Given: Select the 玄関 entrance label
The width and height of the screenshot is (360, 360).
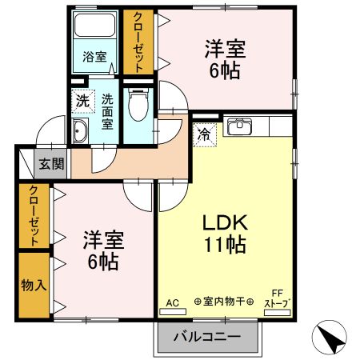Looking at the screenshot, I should click(52, 166).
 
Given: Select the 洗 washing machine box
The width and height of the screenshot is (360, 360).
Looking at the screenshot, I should click(82, 101).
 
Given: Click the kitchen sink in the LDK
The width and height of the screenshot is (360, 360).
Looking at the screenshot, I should click(239, 126).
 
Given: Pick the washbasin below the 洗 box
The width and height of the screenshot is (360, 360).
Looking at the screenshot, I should click(81, 133).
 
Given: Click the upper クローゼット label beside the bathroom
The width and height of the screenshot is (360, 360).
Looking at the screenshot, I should click(138, 42).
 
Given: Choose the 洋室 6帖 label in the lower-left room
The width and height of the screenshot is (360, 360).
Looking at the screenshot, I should click(102, 250).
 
